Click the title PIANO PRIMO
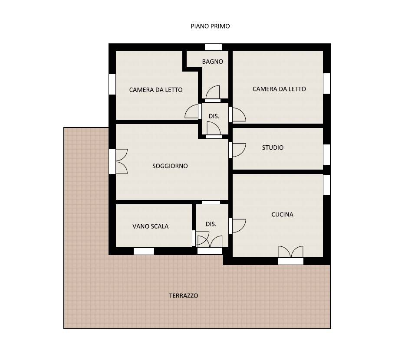[x=210, y=26]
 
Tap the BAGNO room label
[x=212, y=62]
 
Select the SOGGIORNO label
[x=170, y=166]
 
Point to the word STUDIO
[x=273, y=147]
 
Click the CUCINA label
[x=282, y=214]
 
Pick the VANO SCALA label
[x=150, y=226]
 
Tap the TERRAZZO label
[x=183, y=295]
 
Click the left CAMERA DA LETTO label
[x=155, y=90]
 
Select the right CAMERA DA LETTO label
[x=279, y=89]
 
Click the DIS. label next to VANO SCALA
[x=211, y=224]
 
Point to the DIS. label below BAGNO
[x=214, y=116]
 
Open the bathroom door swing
[x=213, y=92]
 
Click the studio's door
[x=238, y=150]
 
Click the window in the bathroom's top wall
[x=213, y=47]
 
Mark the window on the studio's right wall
[x=326, y=154]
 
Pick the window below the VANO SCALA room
[x=144, y=251]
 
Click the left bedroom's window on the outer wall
[x=112, y=84]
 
